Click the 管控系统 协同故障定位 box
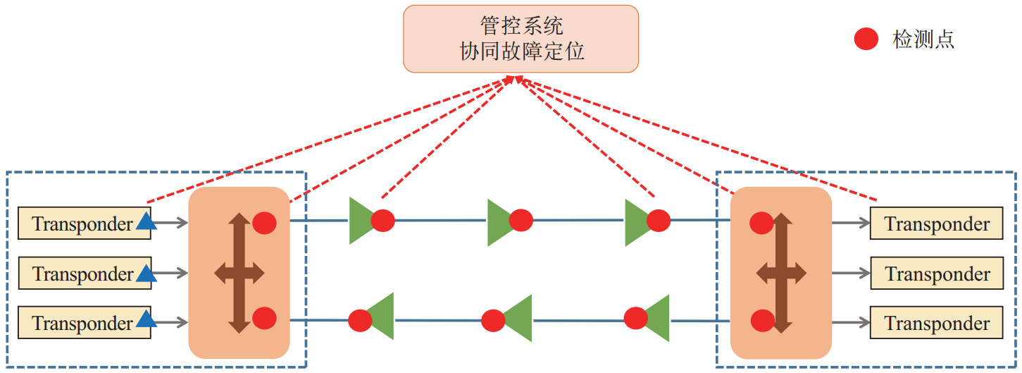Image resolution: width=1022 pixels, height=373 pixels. [521, 39]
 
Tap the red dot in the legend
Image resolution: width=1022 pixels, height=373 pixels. [866, 39]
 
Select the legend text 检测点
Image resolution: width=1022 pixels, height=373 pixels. [923, 39]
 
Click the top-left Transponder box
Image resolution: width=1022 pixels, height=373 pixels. [83, 224]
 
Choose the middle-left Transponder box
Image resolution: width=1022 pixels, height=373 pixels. [83, 273]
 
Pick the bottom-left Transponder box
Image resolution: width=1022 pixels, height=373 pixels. [83, 323]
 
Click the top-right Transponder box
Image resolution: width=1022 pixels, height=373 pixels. [937, 224]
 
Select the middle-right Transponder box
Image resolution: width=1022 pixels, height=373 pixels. [937, 273]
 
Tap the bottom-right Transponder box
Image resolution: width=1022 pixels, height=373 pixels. [937, 323]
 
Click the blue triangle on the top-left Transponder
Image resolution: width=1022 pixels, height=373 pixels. [146, 222]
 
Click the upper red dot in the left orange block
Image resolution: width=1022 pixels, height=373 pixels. [264, 223]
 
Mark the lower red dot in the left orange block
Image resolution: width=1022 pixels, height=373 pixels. [264, 318]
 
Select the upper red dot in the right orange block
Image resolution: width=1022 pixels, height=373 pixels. [761, 223]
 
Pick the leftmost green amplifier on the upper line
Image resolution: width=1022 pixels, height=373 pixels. [362, 221]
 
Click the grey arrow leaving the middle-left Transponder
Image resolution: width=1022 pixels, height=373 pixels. [171, 273]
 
